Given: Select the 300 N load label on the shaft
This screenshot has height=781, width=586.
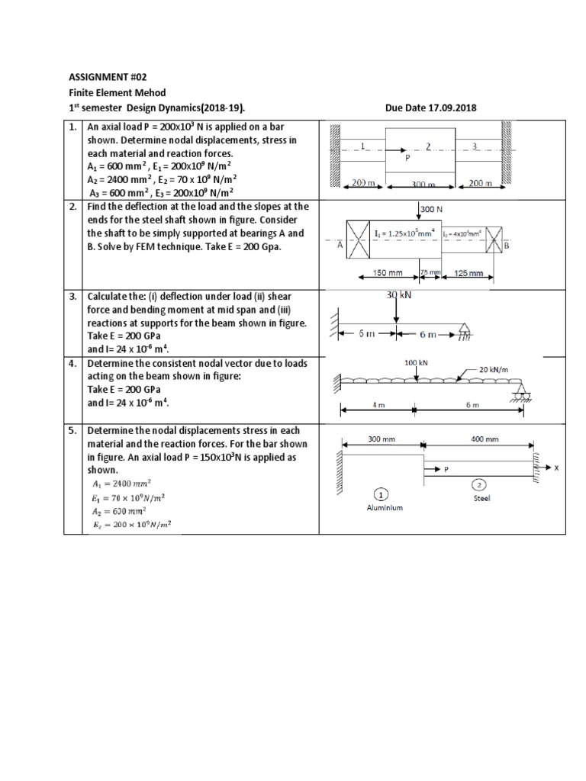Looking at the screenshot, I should pos(430,207).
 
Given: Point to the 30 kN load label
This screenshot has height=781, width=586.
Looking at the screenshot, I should pos(399,294).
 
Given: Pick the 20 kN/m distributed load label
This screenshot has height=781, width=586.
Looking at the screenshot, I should pos(493,368).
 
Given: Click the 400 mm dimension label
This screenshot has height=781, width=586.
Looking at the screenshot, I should pos(485,439).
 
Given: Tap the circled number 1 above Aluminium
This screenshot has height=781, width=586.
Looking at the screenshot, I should pos(380,492).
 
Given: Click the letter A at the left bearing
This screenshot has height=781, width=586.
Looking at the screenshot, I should pos(340,245).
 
